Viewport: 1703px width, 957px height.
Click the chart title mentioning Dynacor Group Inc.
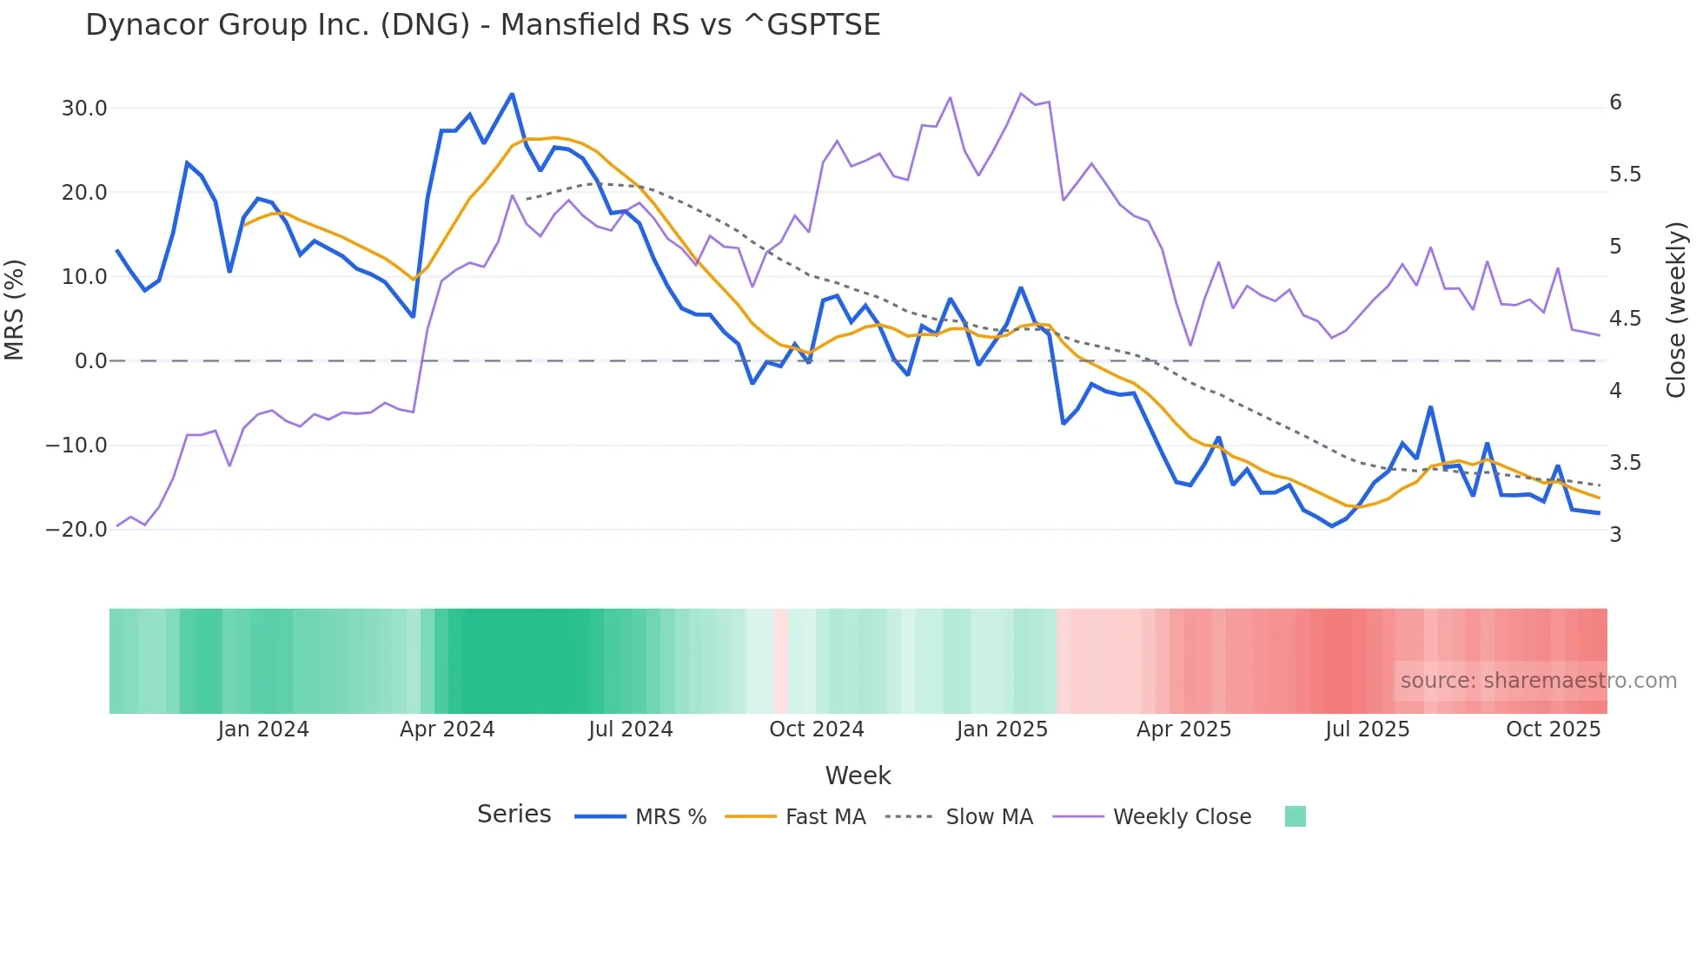point(482,25)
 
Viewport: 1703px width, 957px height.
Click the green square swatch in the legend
point(1295,816)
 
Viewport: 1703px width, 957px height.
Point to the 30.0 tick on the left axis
point(84,109)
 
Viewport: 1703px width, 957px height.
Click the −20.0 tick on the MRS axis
point(76,530)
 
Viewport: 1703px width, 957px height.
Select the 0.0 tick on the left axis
point(90,361)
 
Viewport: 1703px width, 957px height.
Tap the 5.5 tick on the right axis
point(1625,175)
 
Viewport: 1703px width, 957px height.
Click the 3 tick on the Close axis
point(1615,535)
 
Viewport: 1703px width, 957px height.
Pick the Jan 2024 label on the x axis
point(262,729)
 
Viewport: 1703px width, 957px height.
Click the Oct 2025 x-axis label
point(1553,729)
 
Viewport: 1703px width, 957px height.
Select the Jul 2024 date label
point(630,729)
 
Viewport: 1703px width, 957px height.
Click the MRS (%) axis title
point(14,309)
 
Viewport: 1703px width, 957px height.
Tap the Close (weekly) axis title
point(1676,309)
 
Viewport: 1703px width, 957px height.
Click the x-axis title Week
point(858,775)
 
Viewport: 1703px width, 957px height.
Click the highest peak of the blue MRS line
point(512,94)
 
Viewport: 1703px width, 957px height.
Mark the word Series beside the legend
point(514,815)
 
